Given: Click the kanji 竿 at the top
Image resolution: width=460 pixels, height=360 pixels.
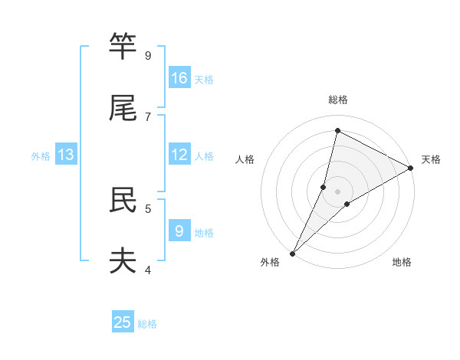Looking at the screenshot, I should point(123,47).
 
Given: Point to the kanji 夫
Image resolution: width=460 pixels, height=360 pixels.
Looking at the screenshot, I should point(123,260).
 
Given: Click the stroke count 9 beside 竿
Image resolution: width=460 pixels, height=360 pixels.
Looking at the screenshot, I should point(147,55).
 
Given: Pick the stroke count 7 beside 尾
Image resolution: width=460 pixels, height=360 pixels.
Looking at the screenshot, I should point(147,116).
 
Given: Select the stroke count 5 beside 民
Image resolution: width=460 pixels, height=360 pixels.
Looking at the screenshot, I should point(147,208).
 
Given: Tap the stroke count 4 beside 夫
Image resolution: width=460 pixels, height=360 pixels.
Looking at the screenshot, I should point(147,269).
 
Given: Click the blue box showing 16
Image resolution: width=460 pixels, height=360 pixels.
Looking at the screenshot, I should point(179,78).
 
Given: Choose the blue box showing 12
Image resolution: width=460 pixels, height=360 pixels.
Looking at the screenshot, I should point(179,155).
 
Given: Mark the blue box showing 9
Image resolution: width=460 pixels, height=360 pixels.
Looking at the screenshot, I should point(179,230).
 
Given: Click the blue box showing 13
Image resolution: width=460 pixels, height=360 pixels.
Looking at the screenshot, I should point(66,155).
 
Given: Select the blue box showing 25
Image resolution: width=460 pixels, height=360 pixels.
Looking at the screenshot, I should point(123,322).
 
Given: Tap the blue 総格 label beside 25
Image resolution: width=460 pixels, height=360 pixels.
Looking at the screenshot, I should point(147,324).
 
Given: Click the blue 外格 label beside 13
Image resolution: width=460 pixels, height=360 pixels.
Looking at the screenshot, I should point(41,156).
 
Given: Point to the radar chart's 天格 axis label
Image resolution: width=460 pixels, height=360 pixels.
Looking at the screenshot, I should point(431,159).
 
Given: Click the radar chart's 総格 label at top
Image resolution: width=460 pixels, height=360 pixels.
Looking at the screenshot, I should point(338,100).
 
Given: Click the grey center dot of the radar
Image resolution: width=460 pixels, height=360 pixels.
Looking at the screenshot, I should point(337,191).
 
